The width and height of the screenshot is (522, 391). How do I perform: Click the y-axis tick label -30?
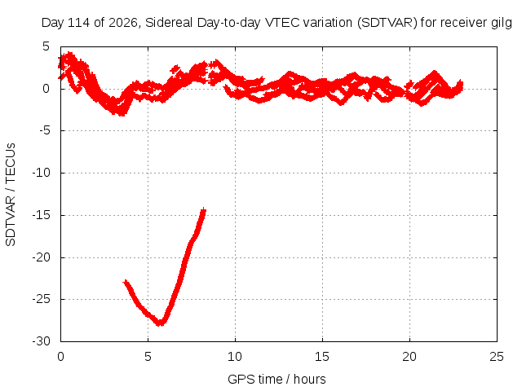coord(42,341)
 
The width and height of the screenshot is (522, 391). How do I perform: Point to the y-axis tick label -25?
coord(42,299)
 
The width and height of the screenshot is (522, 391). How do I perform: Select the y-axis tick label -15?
coord(42,215)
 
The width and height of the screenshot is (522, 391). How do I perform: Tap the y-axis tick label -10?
coord(42,173)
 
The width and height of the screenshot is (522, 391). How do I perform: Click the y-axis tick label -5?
coord(45,130)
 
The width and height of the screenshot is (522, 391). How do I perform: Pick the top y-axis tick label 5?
coord(46,46)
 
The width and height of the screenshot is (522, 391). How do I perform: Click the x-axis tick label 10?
coord(235,357)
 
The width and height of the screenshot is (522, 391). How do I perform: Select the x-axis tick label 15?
coord(322,357)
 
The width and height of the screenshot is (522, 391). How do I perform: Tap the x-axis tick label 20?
coord(409,357)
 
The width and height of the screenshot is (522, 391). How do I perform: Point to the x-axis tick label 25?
coord(497,357)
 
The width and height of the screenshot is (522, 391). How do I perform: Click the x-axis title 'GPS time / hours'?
coord(276,380)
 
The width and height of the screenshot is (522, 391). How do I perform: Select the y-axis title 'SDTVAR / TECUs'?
coord(11,195)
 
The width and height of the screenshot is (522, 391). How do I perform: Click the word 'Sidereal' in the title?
coord(169,23)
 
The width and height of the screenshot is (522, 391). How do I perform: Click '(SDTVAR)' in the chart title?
coord(387,23)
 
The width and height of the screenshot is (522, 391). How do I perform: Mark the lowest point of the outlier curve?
coord(161,323)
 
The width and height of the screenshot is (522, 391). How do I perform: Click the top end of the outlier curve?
coord(203,209)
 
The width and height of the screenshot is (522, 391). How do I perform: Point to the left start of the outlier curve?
coord(125,282)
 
